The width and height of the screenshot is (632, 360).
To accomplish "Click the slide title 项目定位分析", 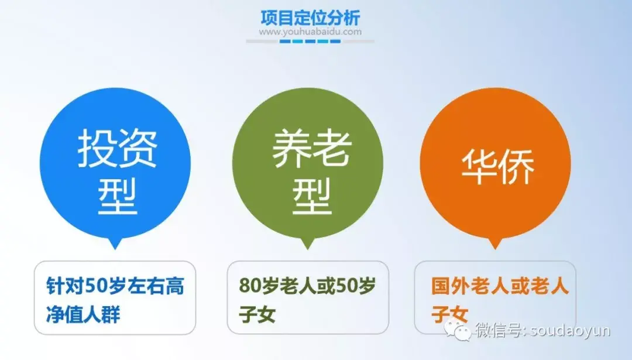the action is pyautogui.click(x=310, y=18).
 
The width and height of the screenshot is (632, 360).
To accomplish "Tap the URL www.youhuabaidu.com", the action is pyautogui.click(x=310, y=32).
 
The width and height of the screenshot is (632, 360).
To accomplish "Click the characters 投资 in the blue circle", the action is pyautogui.click(x=117, y=149).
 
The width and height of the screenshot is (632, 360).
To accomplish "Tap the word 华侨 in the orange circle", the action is pyautogui.click(x=497, y=166).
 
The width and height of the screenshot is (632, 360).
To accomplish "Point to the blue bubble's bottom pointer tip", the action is pyautogui.click(x=115, y=249).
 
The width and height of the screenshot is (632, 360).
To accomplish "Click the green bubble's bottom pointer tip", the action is pyautogui.click(x=308, y=249).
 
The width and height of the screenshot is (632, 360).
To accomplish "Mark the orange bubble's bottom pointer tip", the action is pyautogui.click(x=495, y=249).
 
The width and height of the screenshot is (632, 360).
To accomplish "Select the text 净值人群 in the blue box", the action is pyautogui.click(x=84, y=314).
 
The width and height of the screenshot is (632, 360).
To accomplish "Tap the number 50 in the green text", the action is pyautogui.click(x=345, y=286).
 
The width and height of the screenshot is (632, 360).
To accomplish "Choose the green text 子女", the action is pyautogui.click(x=257, y=314).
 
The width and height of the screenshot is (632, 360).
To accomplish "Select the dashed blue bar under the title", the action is pyautogui.click(x=310, y=41).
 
